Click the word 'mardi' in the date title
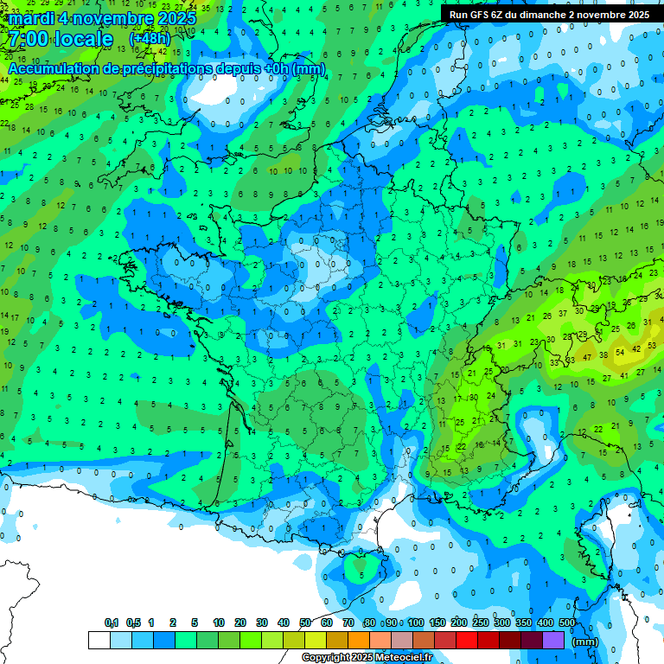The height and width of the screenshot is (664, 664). (x=32, y=18)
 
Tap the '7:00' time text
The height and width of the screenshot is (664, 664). (x=29, y=39)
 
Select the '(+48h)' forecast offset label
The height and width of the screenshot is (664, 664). (x=150, y=39)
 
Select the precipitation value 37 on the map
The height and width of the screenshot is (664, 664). (x=563, y=313)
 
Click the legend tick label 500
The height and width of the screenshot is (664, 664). (x=567, y=623)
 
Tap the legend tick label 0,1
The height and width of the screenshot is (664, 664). (x=112, y=623)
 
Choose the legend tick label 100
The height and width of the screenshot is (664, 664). (x=416, y=623)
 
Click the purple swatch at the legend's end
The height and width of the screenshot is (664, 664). (x=553, y=640)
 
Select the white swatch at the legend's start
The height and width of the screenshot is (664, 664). (x=99, y=640)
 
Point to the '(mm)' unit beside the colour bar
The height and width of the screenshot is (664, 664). (x=585, y=642)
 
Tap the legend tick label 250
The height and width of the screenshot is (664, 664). (x=481, y=623)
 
